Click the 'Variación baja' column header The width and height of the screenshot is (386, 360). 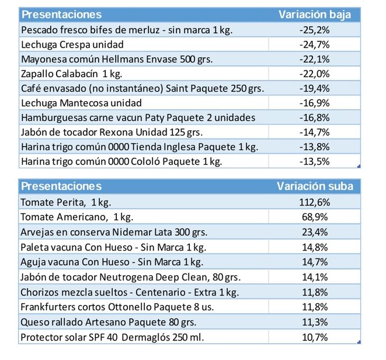315,15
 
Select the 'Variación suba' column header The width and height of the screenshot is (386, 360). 315,186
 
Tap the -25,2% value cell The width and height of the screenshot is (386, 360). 314,30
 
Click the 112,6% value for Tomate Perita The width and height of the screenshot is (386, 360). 314,202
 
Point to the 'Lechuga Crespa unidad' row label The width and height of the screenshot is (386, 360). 72,44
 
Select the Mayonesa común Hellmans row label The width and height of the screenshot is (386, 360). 116,59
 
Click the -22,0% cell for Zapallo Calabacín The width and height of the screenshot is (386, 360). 314,74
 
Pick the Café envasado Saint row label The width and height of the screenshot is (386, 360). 142,88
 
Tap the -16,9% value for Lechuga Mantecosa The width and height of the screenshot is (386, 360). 314,103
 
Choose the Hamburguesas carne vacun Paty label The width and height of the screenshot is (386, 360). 138,118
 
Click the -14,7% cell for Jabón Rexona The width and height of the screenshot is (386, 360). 314,132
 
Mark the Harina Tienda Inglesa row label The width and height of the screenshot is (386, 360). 139,147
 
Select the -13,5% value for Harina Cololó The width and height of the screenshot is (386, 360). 314,161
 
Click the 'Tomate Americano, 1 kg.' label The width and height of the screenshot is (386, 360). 77,217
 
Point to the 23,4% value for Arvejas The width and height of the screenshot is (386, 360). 314,232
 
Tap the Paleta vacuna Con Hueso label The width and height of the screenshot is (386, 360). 113,247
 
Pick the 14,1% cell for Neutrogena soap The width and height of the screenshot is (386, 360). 314,277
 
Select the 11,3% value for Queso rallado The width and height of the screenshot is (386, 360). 314,322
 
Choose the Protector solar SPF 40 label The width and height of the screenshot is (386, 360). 112,337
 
